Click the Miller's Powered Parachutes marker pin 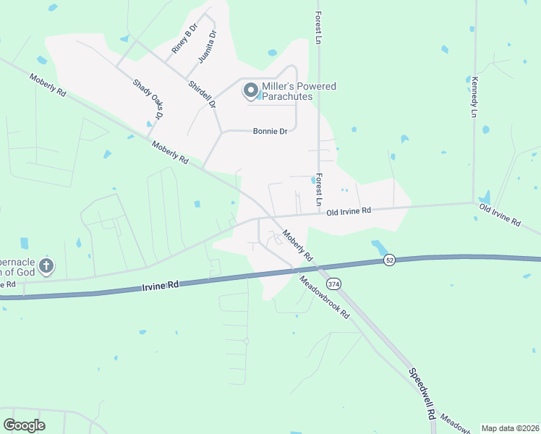tap(251, 90)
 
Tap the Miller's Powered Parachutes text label tap(299, 91)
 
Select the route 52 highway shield tap(390, 260)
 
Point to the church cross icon tap(46, 265)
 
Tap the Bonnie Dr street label tap(270, 131)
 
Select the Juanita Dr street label tap(207, 47)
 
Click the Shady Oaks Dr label tap(148, 99)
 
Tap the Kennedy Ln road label tap(474, 97)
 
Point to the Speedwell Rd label tap(421, 395)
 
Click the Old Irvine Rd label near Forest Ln tap(349, 211)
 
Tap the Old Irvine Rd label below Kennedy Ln tap(500, 215)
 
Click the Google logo tap(24, 425)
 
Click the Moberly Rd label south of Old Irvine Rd tap(297, 246)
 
